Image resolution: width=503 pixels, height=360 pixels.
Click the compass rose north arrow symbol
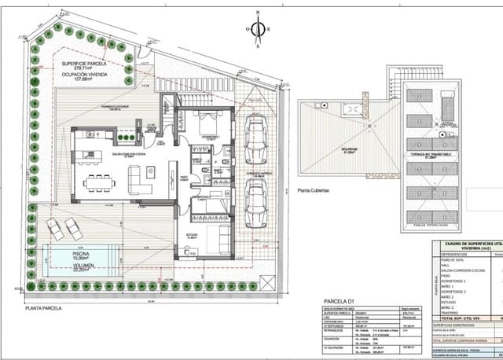coord(257,30)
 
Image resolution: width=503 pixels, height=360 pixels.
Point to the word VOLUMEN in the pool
coord(76,265)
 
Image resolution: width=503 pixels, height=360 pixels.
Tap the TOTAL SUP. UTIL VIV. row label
coord(468,318)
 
